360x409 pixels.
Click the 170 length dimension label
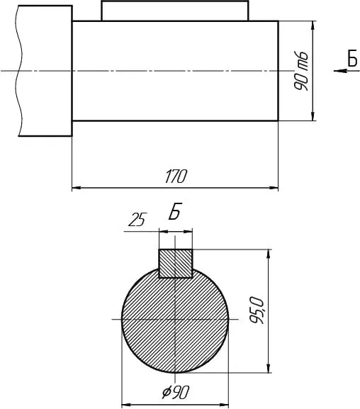point(176,177)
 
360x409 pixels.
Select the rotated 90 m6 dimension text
point(301,71)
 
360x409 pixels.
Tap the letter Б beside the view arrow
point(352,58)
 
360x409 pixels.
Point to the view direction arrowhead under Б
point(340,70)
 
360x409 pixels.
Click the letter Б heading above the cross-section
point(174,211)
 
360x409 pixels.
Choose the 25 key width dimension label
point(137,220)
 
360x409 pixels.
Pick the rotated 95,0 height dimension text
point(257,310)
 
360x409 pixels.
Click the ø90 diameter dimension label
point(175,392)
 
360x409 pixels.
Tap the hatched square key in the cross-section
point(176,264)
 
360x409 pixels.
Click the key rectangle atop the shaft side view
point(175,11)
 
